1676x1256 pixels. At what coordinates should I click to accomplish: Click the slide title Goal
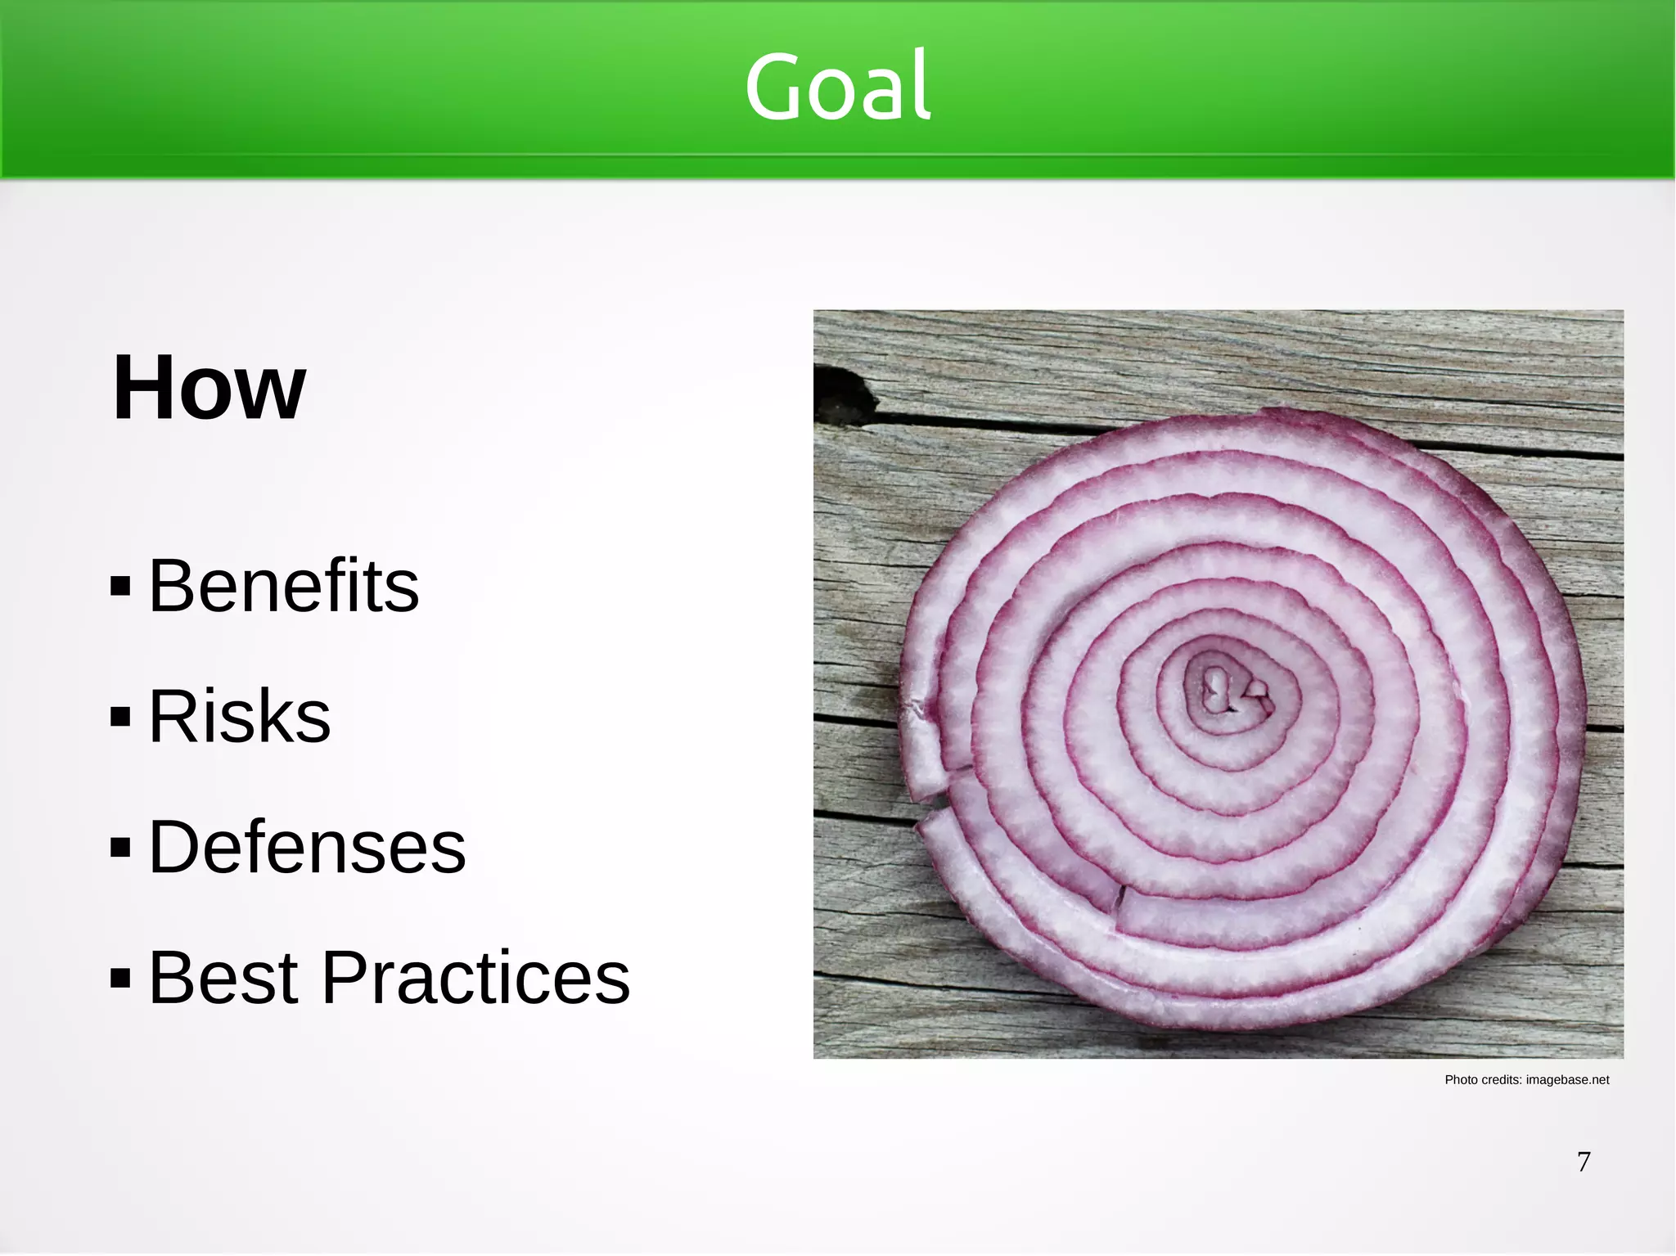[837, 86]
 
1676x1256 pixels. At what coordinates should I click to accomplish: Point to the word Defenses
[307, 847]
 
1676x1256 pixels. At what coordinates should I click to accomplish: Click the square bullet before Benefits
[120, 586]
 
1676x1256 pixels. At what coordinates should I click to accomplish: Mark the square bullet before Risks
[120, 717]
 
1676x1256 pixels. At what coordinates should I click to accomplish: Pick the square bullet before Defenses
[120, 848]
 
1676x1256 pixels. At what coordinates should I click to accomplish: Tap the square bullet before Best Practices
[120, 978]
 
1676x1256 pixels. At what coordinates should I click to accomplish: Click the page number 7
[1584, 1162]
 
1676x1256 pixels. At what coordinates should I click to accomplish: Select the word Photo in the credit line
[1461, 1080]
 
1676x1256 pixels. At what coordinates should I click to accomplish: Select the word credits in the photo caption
[1502, 1080]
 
